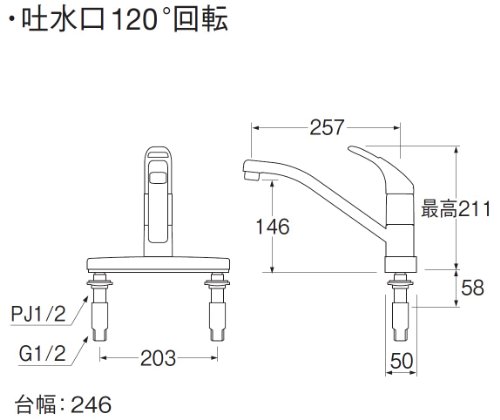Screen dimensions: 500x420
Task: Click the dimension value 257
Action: [326, 127]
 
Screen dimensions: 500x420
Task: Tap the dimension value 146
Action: [272, 227]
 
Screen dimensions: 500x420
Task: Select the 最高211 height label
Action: [456, 209]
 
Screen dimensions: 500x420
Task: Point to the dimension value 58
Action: [472, 287]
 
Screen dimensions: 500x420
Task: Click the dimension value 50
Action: [401, 361]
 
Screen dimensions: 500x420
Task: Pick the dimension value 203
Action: [158, 358]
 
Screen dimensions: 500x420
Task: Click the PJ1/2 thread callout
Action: [38, 314]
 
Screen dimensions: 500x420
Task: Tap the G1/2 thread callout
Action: [42, 354]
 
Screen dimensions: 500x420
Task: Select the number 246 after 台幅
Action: [91, 405]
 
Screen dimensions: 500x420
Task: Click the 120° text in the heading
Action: [139, 20]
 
